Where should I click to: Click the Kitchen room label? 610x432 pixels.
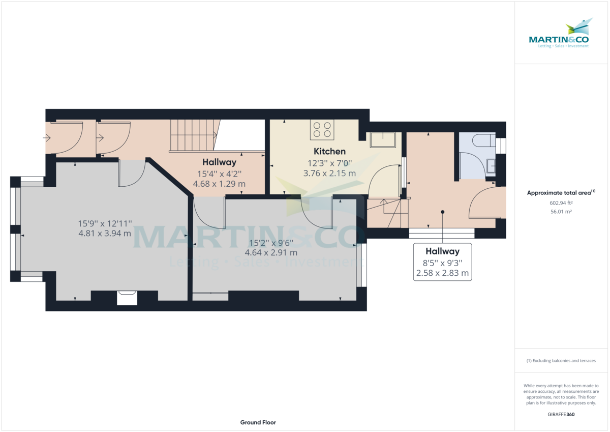pyautogui.click(x=329, y=151)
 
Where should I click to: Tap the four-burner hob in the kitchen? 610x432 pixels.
pyautogui.click(x=322, y=129)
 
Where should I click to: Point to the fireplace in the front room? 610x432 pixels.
pyautogui.click(x=127, y=298)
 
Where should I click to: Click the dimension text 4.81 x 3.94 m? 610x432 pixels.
pyautogui.click(x=105, y=234)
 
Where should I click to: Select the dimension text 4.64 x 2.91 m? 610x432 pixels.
pyautogui.click(x=271, y=252)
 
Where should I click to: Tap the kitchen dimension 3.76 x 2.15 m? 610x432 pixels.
pyautogui.click(x=329, y=173)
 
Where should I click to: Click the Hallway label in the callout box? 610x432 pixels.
pyautogui.click(x=442, y=251)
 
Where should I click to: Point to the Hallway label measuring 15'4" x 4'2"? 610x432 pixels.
pyautogui.click(x=219, y=162)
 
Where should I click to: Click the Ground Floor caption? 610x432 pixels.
pyautogui.click(x=258, y=422)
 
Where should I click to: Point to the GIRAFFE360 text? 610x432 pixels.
pyautogui.click(x=561, y=414)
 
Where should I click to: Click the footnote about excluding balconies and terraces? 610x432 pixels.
pyautogui.click(x=561, y=360)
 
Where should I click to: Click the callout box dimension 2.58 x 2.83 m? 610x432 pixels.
pyautogui.click(x=442, y=274)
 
